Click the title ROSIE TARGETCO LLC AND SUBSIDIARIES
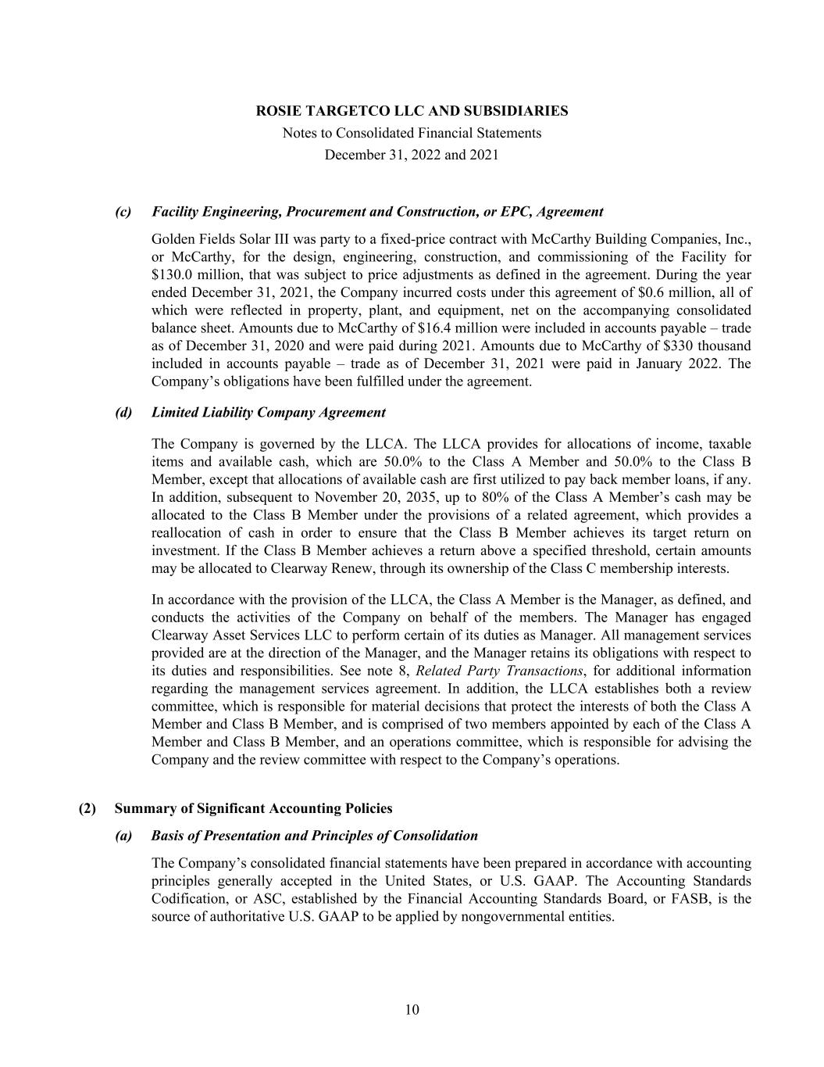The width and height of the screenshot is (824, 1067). [412, 111]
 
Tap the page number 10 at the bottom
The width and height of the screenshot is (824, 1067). [412, 1010]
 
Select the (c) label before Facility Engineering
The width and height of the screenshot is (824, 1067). [123, 212]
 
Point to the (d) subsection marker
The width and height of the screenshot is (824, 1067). [123, 412]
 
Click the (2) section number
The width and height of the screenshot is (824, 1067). [87, 808]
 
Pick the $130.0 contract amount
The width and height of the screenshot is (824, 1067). [170, 274]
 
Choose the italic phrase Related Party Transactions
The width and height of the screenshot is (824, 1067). [500, 671]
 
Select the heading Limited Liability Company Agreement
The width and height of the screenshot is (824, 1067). [269, 412]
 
